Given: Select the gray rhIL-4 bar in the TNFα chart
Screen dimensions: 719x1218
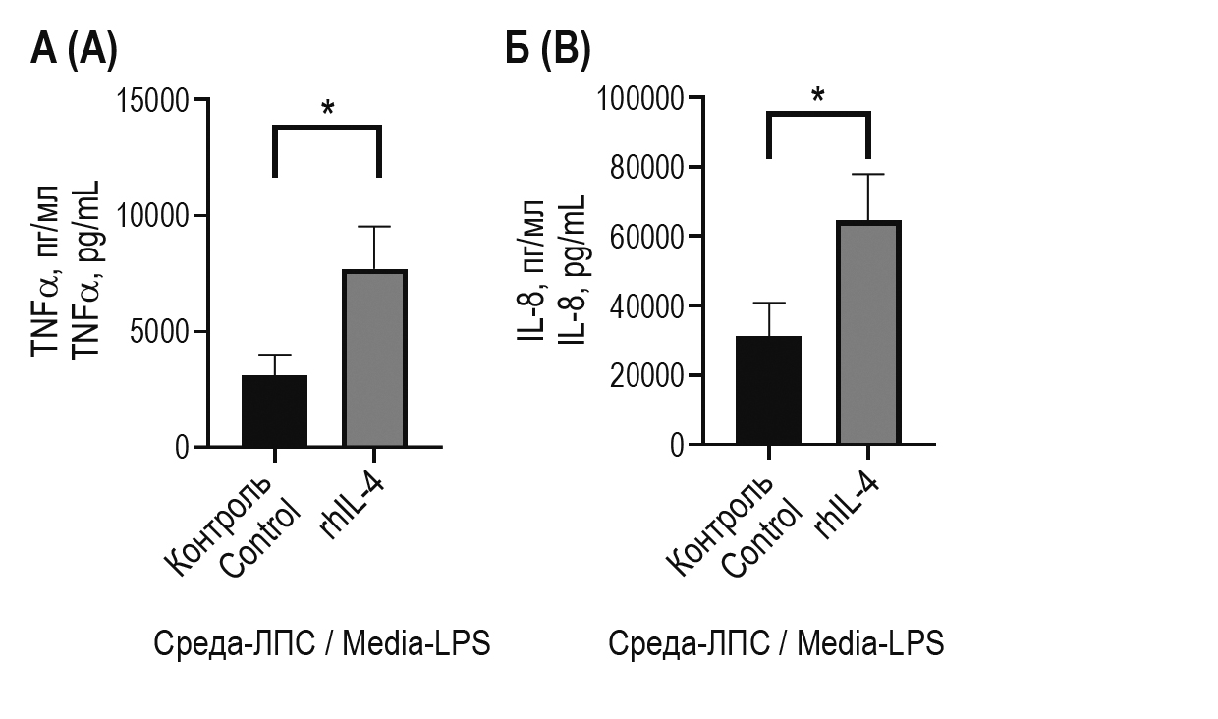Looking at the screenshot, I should point(375,359).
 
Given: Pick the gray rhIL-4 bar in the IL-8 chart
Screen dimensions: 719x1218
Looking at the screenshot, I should point(869,334).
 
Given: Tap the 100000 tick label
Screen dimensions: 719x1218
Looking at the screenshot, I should point(638,98).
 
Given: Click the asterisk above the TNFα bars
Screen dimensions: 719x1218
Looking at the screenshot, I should point(327,108).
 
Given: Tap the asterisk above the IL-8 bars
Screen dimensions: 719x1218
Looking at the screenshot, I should point(818,96).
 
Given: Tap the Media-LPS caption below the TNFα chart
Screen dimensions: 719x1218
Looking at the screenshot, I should point(321,644).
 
